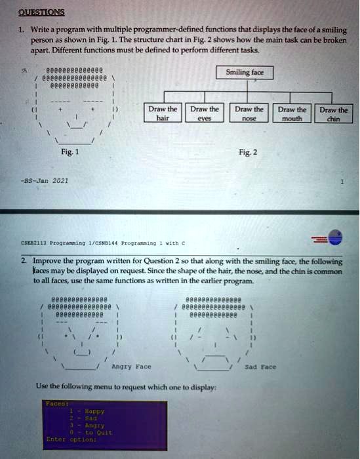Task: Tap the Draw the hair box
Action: tap(163, 113)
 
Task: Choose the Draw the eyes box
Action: tap(206, 113)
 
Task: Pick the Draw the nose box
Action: tap(249, 113)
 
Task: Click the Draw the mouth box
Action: tap(292, 113)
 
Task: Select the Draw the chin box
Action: tap(334, 114)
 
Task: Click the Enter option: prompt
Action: tap(72, 439)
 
